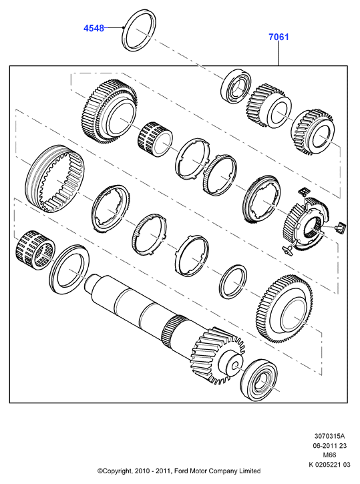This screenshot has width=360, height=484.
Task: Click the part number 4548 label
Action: pos(94,28)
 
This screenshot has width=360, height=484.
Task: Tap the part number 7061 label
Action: pos(279,37)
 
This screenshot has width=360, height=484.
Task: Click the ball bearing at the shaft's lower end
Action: pos(258,380)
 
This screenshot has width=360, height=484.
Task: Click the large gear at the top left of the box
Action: pos(110,111)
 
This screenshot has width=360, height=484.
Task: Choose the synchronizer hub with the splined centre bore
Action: pos(307,226)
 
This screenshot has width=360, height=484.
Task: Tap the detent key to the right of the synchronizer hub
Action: pos(340,228)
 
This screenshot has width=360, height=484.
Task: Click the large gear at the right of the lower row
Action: pos(283,308)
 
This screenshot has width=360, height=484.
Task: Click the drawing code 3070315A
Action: pos(329,436)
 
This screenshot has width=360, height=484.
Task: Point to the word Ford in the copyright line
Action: pos(182,471)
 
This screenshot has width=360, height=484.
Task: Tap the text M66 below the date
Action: pos(329,455)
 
